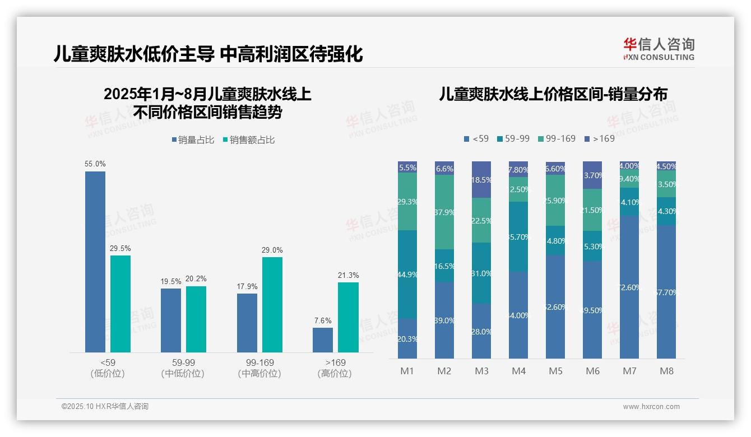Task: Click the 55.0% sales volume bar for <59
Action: click(x=95, y=262)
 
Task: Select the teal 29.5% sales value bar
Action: click(x=120, y=304)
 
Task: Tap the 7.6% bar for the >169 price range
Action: click(x=323, y=340)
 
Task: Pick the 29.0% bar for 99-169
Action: click(x=272, y=304)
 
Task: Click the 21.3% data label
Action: click(x=348, y=275)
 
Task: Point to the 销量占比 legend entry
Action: click(x=193, y=140)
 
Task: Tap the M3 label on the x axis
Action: click(x=481, y=371)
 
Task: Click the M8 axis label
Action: click(x=666, y=371)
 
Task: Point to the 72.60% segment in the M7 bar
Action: click(x=629, y=287)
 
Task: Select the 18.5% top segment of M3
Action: click(x=481, y=180)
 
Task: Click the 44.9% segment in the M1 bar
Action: click(x=407, y=275)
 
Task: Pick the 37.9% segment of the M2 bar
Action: click(x=444, y=212)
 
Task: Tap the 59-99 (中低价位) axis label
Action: click(x=183, y=368)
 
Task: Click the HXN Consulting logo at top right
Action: click(x=659, y=49)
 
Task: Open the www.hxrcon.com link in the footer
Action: click(x=651, y=407)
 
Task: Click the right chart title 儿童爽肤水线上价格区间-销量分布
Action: click(x=553, y=94)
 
